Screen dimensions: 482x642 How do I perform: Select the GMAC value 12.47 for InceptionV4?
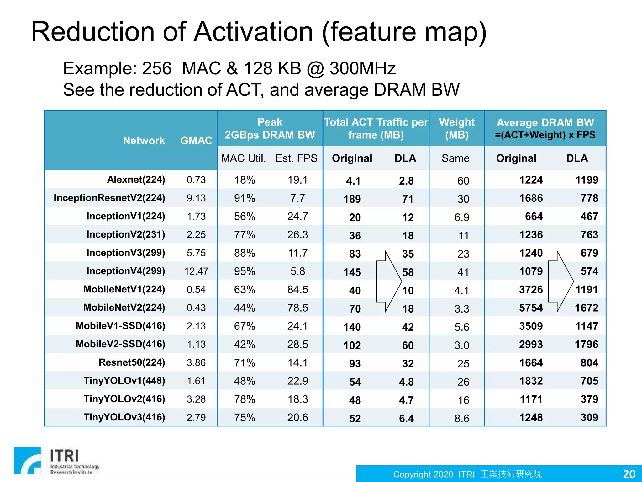(x=196, y=271)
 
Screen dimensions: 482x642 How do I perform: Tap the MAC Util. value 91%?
(x=245, y=198)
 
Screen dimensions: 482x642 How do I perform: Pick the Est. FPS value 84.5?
(x=297, y=289)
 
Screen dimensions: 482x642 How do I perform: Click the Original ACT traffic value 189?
(x=352, y=199)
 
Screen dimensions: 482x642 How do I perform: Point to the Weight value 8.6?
(x=462, y=418)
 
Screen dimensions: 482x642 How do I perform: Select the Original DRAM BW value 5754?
(x=531, y=308)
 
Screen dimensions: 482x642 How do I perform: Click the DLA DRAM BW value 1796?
(x=586, y=345)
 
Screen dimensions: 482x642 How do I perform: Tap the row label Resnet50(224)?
(x=132, y=362)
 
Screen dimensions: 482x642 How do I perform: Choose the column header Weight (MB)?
(x=457, y=128)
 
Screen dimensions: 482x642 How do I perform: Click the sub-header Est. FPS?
(x=296, y=158)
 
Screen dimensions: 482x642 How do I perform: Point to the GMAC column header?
(x=196, y=140)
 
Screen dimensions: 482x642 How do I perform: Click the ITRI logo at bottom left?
(x=56, y=461)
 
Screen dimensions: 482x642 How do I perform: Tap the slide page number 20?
(x=629, y=474)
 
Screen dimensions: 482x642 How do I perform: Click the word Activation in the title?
(x=253, y=32)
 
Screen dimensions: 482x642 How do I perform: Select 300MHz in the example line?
(x=363, y=68)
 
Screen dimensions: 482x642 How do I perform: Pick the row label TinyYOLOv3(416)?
(x=124, y=417)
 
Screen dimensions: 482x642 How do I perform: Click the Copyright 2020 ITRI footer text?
(x=467, y=474)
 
